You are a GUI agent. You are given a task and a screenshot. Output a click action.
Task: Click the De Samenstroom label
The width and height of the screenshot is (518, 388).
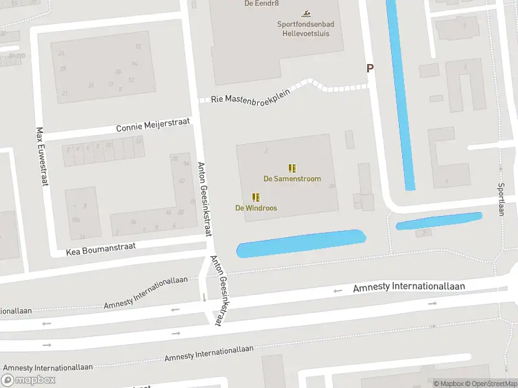point(291,179)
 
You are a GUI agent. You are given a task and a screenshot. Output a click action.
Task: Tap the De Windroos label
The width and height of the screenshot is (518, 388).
point(256,208)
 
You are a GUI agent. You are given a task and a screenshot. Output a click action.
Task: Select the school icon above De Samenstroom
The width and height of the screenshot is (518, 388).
point(292,168)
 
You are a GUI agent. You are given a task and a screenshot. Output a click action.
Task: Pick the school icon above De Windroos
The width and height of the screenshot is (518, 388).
point(256,197)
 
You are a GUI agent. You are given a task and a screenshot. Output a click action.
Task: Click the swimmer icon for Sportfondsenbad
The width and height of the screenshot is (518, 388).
point(306,14)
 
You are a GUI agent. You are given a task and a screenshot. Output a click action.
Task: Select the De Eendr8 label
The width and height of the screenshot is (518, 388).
point(256,3)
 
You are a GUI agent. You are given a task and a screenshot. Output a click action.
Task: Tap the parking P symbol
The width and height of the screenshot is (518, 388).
point(370,68)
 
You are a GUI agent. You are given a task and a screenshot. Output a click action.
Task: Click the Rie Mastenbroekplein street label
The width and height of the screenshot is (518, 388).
point(250,96)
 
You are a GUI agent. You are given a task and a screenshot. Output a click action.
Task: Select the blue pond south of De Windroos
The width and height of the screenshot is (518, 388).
point(301,244)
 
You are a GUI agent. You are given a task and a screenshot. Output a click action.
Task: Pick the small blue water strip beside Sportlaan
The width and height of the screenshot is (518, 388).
point(439,221)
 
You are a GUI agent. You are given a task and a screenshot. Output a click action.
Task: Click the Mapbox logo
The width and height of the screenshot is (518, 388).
point(28,380)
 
